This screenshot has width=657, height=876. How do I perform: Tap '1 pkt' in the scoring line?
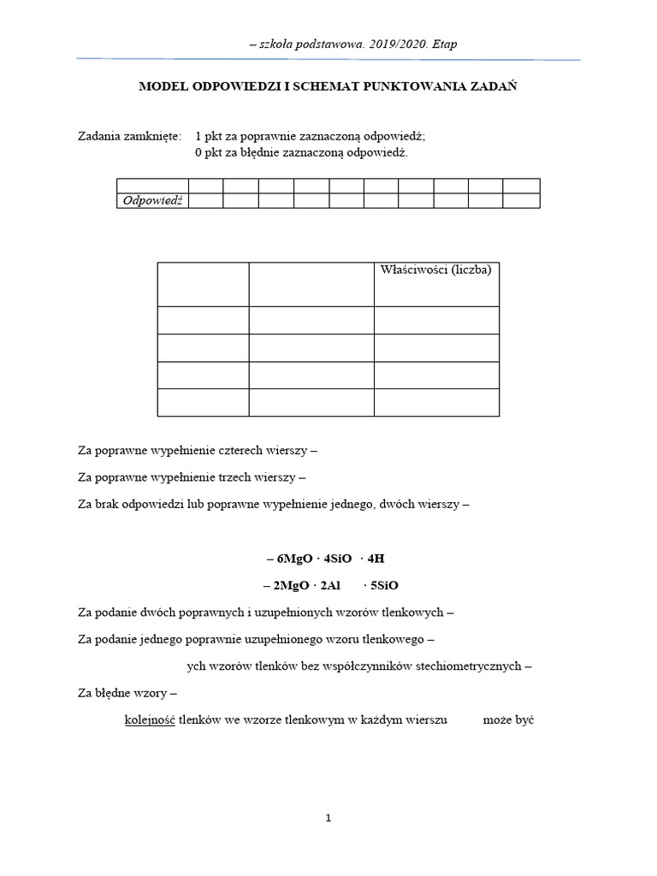coord(210,136)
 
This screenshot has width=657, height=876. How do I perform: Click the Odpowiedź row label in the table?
coord(153,200)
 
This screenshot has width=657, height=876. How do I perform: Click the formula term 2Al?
coord(332,586)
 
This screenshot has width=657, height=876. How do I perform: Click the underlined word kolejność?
coord(150,720)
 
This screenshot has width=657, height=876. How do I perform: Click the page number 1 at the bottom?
coord(328,818)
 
